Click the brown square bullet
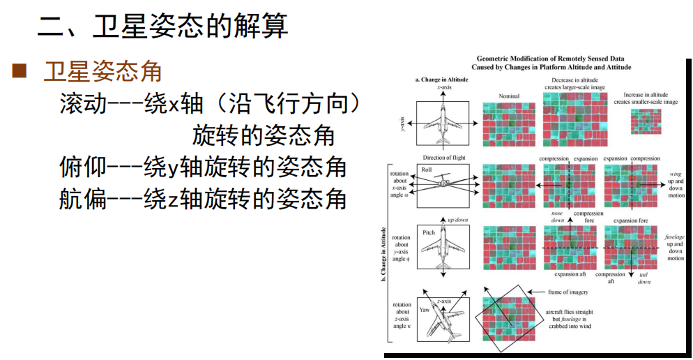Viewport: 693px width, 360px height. [19, 70]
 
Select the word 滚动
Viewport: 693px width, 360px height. [83, 105]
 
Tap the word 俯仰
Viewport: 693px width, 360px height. [83, 167]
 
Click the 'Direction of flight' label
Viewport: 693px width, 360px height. [444, 158]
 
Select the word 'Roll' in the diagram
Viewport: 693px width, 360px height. [427, 170]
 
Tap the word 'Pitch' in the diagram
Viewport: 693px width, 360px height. [429, 232]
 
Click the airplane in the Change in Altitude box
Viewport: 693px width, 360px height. [443, 124]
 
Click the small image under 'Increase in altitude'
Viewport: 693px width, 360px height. [646, 121]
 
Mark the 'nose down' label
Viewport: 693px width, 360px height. [557, 217]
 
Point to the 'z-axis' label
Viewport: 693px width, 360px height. [444, 301]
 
